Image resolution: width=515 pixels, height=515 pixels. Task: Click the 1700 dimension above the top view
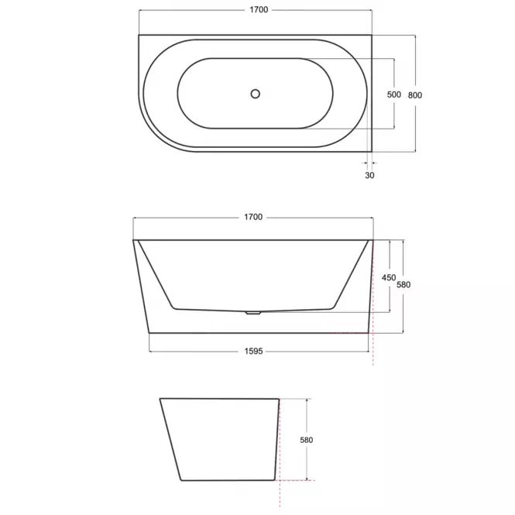[259, 10]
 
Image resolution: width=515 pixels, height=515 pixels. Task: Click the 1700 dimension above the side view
[253, 217]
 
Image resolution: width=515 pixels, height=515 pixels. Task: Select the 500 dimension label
[394, 94]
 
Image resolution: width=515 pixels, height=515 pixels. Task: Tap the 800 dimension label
[415, 95]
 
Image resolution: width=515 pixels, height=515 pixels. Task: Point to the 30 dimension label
[369, 175]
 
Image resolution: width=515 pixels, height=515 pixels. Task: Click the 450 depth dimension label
[389, 278]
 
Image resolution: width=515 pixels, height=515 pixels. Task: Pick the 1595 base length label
[253, 352]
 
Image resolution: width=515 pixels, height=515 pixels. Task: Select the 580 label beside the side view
[403, 285]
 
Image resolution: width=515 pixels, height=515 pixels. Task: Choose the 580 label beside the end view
[307, 440]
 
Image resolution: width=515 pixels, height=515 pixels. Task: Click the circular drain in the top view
[256, 94]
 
